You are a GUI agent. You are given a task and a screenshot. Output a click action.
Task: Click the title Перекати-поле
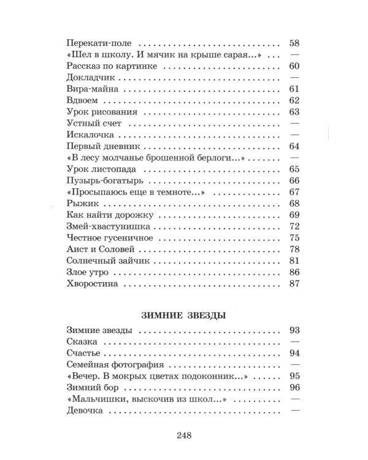[x=99, y=45]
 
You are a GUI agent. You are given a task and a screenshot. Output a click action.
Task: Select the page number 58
[x=293, y=45]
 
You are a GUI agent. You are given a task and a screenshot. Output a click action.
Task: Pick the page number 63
[x=293, y=112]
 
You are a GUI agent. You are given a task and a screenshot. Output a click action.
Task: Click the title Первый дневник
[x=103, y=147]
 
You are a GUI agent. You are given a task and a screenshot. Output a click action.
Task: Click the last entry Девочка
[x=85, y=412]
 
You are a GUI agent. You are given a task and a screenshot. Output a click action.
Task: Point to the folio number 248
[x=184, y=436]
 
